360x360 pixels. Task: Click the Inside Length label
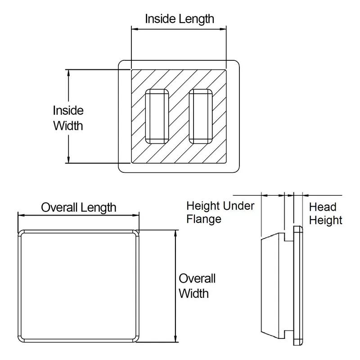(x=179, y=19)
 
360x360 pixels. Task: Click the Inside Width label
(x=68, y=117)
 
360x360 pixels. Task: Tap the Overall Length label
(x=79, y=207)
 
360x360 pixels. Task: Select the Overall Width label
(x=197, y=286)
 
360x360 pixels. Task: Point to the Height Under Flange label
(x=220, y=212)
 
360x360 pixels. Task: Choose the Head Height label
(x=325, y=213)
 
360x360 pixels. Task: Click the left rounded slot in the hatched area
(x=157, y=116)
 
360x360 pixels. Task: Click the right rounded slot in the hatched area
(x=201, y=116)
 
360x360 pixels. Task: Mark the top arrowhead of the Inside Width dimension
(x=68, y=72)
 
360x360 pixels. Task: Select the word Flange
(x=204, y=219)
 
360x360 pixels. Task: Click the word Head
(x=323, y=207)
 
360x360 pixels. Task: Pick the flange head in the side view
(x=298, y=285)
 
